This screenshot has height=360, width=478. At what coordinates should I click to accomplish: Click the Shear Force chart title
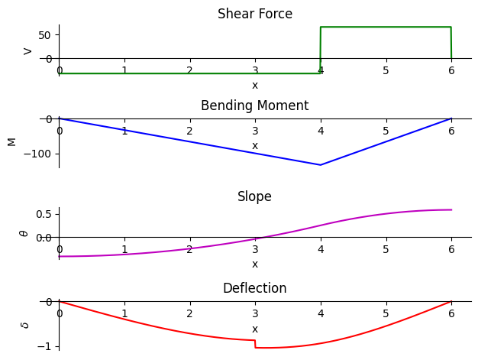pyautogui.click(x=255, y=14)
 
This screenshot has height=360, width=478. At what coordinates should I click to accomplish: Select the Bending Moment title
pyautogui.click(x=254, y=105)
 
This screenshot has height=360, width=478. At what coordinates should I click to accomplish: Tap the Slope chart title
pyautogui.click(x=254, y=196)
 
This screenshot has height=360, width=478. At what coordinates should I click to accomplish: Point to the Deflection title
pyautogui.click(x=254, y=288)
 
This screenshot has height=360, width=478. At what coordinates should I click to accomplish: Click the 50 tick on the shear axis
pyautogui.click(x=44, y=35)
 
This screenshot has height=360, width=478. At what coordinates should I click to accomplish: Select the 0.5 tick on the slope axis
pyautogui.click(x=44, y=214)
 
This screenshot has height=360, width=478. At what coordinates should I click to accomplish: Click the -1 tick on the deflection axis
pyautogui.click(x=45, y=347)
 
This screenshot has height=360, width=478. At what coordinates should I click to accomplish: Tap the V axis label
pyautogui.click(x=27, y=51)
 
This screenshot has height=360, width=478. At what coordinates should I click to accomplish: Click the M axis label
pyautogui.click(x=12, y=142)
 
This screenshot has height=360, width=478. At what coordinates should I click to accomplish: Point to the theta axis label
pyautogui.click(x=24, y=234)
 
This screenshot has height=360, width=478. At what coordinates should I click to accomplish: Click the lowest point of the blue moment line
pyautogui.click(x=320, y=165)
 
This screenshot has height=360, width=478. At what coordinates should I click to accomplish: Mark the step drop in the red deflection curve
pyautogui.click(x=255, y=344)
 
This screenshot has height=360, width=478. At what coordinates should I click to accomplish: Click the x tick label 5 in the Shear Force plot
pyautogui.click(x=386, y=71)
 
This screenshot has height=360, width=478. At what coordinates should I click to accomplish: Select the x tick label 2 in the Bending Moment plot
pyautogui.click(x=189, y=131)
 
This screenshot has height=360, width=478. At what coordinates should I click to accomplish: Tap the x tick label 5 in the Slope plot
pyautogui.click(x=386, y=250)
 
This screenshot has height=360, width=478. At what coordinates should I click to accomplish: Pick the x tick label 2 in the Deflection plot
pyautogui.click(x=189, y=313)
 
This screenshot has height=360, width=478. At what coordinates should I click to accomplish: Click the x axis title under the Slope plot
pyautogui.click(x=255, y=264)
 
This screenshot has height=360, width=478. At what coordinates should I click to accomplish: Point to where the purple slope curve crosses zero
pyautogui.click(x=261, y=237)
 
